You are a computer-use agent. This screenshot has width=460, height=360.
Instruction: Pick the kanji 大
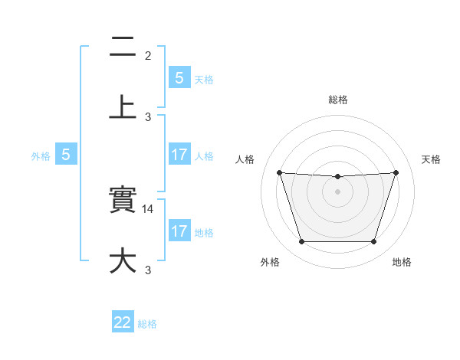point(123,260)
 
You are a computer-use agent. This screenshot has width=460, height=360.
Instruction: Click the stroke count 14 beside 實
point(149,208)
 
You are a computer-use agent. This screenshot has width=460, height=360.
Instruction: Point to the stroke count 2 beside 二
point(148,55)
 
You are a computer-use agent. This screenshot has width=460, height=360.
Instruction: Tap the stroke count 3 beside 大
point(148,270)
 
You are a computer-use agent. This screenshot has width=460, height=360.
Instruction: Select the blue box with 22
point(123,322)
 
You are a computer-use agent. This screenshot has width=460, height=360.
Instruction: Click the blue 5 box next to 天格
point(179,77)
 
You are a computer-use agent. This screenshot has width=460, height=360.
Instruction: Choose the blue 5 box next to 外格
point(66,154)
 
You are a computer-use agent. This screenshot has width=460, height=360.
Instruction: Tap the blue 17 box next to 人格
point(179,154)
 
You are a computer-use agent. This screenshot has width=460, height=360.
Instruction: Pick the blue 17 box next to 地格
point(179,231)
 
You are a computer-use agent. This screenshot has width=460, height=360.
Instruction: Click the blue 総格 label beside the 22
point(147,324)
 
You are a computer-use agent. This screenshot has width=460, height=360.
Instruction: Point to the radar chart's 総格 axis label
point(337,100)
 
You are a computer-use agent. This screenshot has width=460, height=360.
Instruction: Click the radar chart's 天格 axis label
point(431,159)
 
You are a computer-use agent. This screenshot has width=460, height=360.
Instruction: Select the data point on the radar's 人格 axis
point(279,172)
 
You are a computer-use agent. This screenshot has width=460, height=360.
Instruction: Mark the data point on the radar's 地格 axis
point(373,242)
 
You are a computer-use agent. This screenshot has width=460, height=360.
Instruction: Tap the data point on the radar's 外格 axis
point(301,242)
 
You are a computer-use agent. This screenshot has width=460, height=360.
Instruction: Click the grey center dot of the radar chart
point(337,191)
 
